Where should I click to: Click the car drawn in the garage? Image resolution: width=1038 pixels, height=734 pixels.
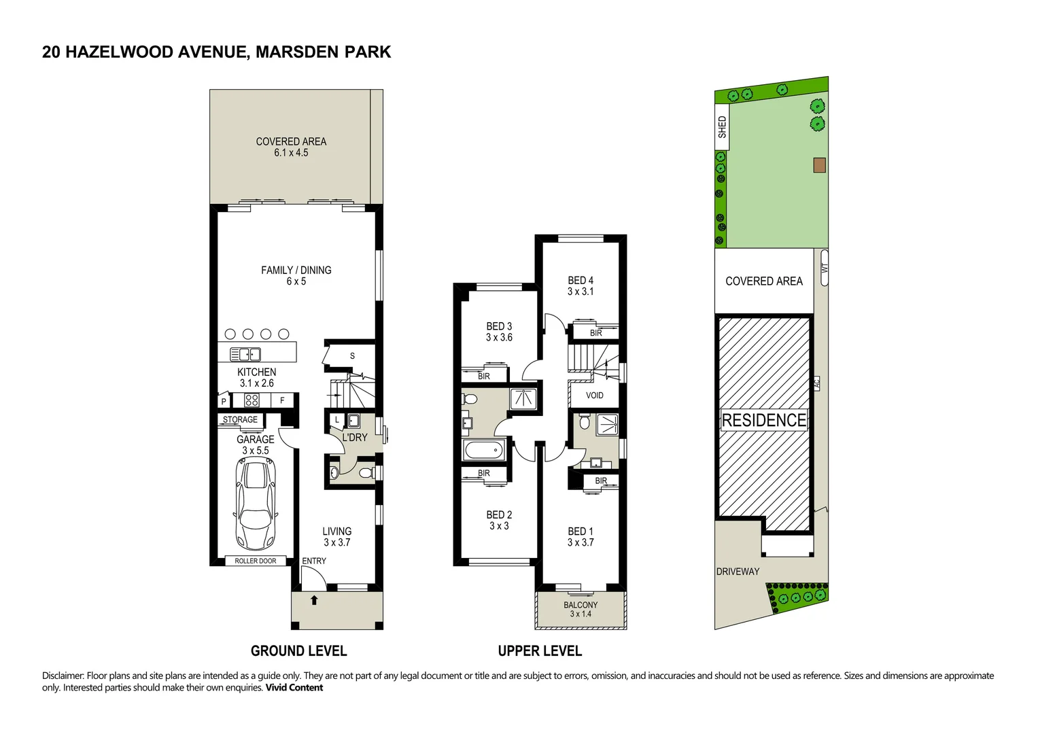[x=255, y=503]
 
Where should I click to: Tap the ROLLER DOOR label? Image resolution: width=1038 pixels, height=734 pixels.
[x=256, y=561]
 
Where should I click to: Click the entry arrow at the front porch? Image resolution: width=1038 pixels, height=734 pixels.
[x=314, y=600]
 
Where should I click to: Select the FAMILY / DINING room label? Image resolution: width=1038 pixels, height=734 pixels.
[x=296, y=270]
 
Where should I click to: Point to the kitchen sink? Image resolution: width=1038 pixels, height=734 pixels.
[x=245, y=354]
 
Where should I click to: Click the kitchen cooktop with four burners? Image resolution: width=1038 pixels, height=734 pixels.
[x=252, y=400]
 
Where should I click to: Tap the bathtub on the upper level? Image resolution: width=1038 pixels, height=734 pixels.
[x=483, y=449]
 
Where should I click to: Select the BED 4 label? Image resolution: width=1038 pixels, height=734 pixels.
[x=581, y=280]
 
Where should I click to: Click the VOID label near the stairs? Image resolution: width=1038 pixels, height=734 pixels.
[x=594, y=396]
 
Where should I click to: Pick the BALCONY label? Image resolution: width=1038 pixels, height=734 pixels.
[x=581, y=605]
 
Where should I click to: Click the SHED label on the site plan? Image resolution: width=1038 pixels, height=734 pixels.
[x=722, y=127]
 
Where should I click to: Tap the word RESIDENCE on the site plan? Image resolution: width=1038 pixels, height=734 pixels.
[x=764, y=420]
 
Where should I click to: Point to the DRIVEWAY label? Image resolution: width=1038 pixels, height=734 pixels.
[x=738, y=572]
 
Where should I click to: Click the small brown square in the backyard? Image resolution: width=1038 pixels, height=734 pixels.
[x=820, y=165]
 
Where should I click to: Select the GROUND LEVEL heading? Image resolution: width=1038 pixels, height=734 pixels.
[x=298, y=651]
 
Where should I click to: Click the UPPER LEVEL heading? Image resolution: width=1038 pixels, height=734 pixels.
[x=540, y=651]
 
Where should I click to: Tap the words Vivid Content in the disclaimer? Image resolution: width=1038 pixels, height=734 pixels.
[x=294, y=688]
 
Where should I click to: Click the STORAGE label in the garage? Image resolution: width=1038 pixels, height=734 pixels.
[x=241, y=420]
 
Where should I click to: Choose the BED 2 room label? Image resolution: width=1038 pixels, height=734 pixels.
[x=499, y=515]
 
